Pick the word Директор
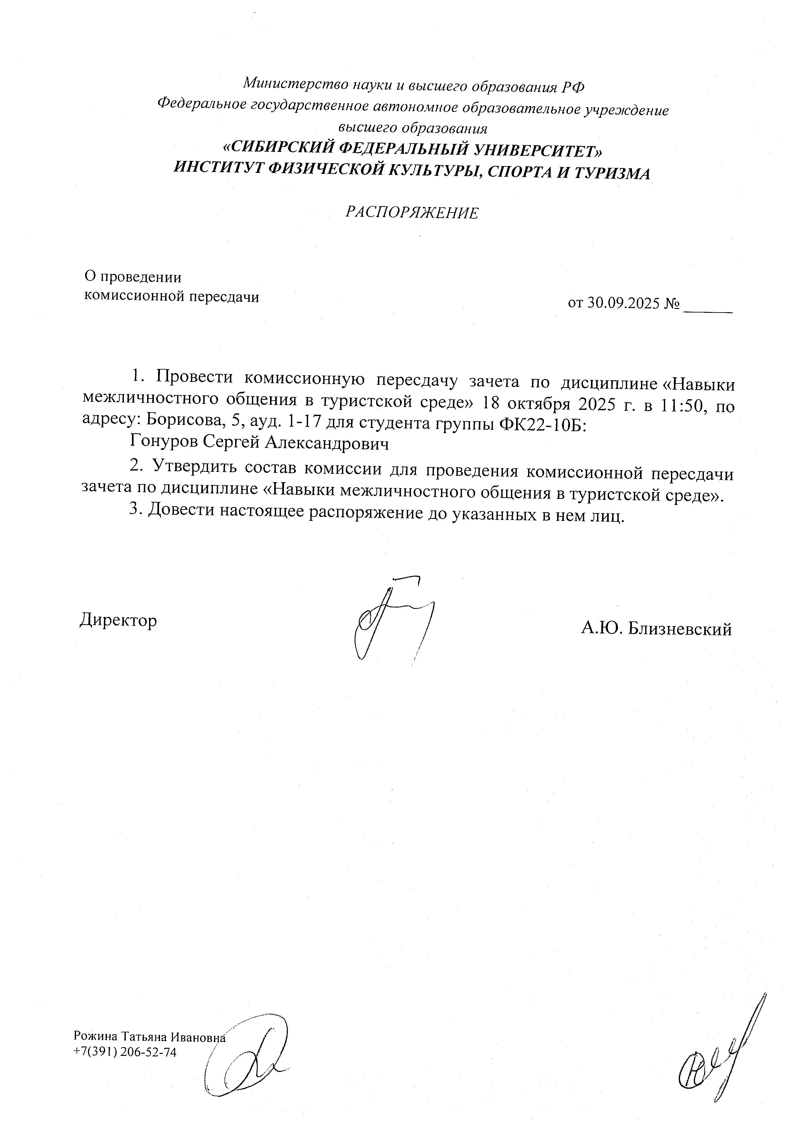coord(118,620)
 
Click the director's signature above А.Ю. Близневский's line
coord(389,621)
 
